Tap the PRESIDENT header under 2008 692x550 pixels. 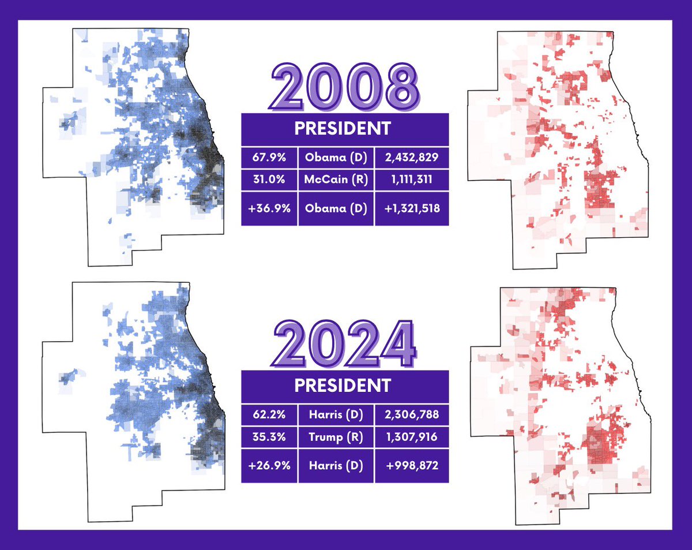344,128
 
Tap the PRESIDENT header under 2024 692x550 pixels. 344,385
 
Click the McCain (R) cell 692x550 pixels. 336,179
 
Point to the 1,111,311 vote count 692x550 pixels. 411,179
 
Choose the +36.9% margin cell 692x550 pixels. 269,208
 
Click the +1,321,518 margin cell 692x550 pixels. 411,208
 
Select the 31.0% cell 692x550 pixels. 269,179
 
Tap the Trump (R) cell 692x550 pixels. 336,437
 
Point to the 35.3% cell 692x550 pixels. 269,437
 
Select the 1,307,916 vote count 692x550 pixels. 411,437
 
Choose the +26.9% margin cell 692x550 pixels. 269,465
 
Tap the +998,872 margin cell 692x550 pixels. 411,465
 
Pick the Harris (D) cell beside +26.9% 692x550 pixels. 336,465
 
